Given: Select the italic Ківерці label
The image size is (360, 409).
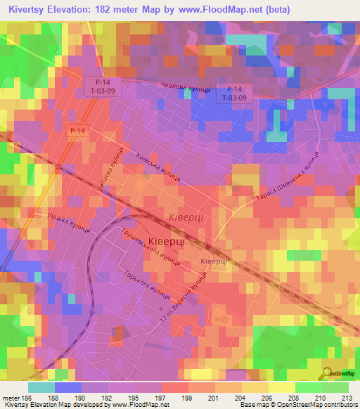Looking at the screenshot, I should click(x=186, y=217).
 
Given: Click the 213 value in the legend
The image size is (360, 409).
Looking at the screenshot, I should click(x=346, y=398).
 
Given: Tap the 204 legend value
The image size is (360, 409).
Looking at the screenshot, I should click(x=242, y=398).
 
